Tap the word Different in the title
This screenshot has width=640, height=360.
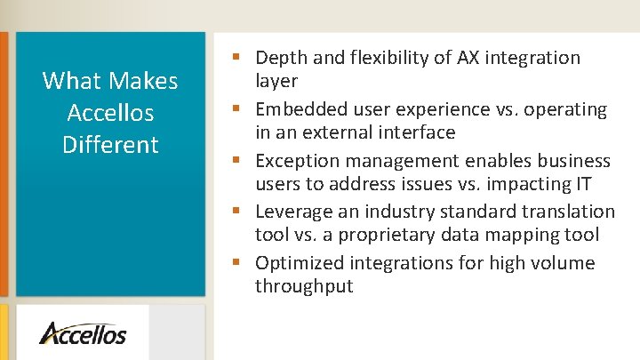(x=110, y=145)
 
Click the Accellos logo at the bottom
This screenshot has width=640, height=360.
(x=83, y=333)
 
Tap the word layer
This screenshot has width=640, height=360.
(x=276, y=81)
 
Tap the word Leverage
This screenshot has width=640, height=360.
(x=291, y=212)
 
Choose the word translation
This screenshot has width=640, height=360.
(x=569, y=212)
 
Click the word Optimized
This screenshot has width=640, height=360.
(x=299, y=263)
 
